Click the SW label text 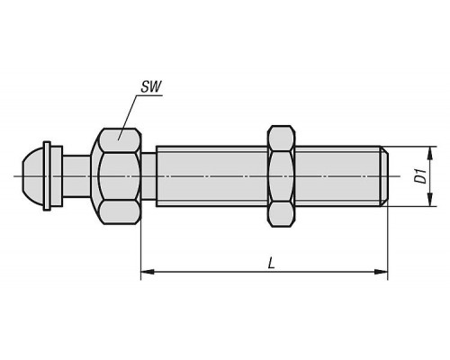pyautogui.click(x=151, y=87)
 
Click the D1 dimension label pyautogui.click(x=422, y=176)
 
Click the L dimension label pyautogui.click(x=272, y=264)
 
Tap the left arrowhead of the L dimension pyautogui.click(x=148, y=272)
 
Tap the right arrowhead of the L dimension pyautogui.click(x=381, y=272)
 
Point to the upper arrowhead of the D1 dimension pyautogui.click(x=430, y=153)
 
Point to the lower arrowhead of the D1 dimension pyautogui.click(x=430, y=200)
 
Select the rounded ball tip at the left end pyautogui.click(x=33, y=176)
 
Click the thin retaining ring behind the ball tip pyautogui.click(x=47, y=176)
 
